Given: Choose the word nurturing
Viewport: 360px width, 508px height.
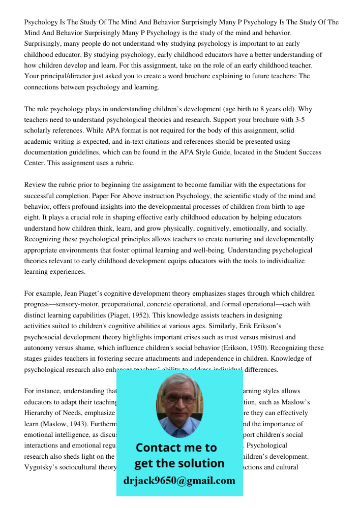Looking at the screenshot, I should [x=222, y=239].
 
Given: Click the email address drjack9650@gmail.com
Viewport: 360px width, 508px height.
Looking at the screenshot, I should [x=179, y=481].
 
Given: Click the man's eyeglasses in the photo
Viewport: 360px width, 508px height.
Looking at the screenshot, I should [x=180, y=399].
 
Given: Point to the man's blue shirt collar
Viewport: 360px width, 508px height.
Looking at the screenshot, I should [x=179, y=431].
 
